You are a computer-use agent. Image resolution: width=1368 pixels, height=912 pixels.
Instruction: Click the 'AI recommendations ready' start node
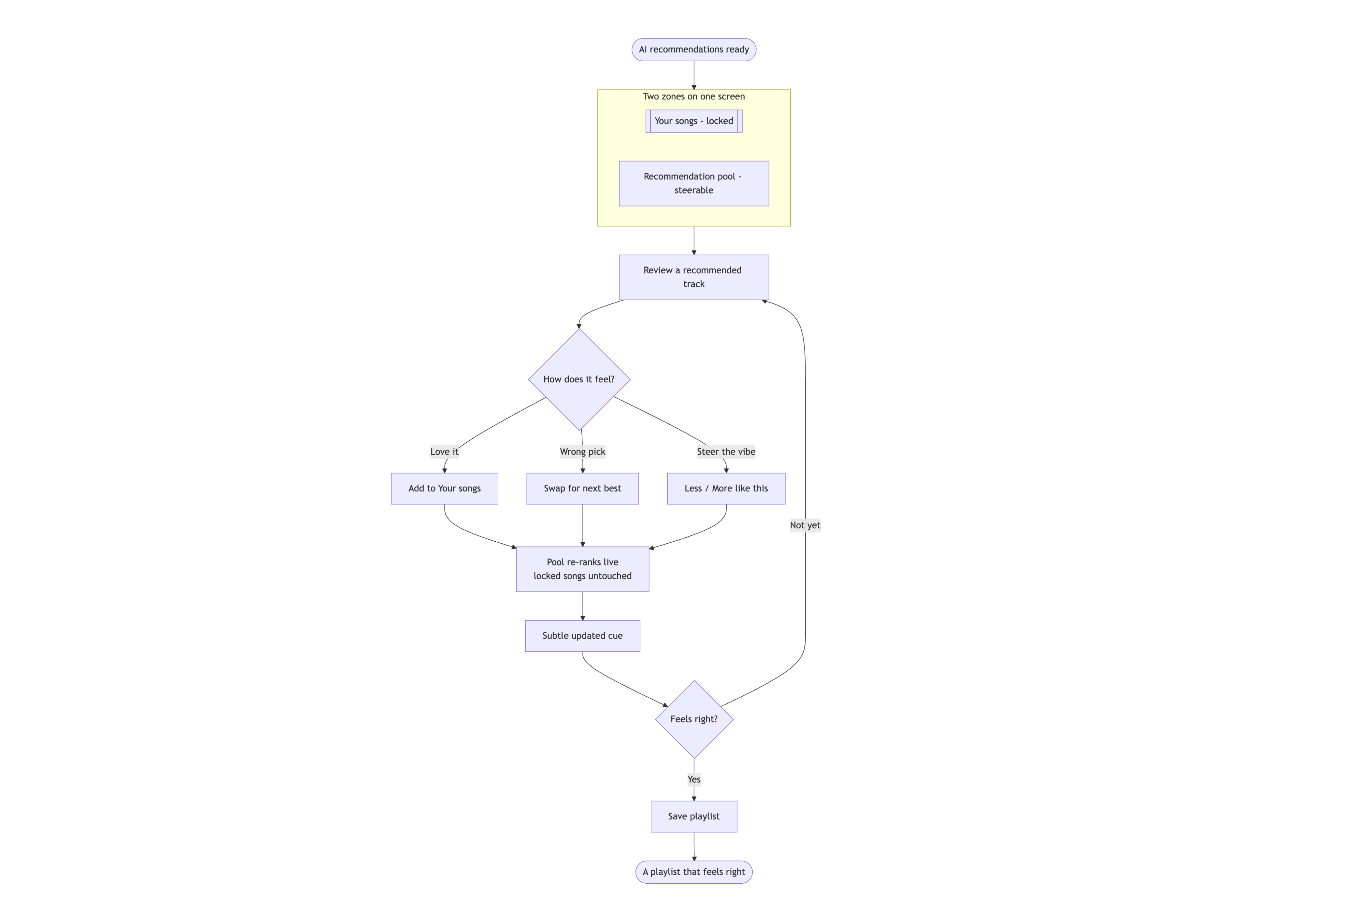coord(694,50)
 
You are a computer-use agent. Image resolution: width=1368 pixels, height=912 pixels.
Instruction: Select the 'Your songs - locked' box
coord(694,121)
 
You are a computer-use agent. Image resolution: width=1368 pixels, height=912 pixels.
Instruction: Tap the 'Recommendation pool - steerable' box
coord(694,183)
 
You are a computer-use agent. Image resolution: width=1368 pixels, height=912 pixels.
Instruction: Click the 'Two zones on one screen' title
coord(694,96)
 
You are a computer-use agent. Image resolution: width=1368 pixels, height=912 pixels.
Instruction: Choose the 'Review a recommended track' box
coord(694,278)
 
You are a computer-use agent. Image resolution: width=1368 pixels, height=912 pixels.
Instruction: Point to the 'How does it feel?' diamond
coord(579,379)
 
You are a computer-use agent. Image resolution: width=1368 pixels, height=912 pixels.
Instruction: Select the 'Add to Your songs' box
coord(444,489)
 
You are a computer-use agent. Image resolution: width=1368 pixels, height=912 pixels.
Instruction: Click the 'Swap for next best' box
coord(583,489)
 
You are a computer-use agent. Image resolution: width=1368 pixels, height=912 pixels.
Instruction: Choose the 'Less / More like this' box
coord(726,489)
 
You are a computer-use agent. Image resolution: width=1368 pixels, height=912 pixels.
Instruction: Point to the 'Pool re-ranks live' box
coord(583,569)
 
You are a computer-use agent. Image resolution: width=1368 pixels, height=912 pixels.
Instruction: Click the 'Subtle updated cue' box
coord(583,636)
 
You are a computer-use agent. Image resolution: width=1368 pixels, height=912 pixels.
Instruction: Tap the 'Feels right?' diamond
coord(694,719)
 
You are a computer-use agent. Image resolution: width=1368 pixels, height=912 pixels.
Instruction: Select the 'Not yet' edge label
coord(805,525)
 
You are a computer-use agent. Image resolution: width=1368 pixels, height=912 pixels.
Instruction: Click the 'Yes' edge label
coord(694,779)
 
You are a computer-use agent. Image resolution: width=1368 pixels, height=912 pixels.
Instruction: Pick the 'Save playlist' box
coord(694,817)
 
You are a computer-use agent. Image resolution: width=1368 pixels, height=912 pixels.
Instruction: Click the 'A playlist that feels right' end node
coord(694,872)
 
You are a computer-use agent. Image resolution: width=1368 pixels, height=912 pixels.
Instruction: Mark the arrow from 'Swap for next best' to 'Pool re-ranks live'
coord(583,525)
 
